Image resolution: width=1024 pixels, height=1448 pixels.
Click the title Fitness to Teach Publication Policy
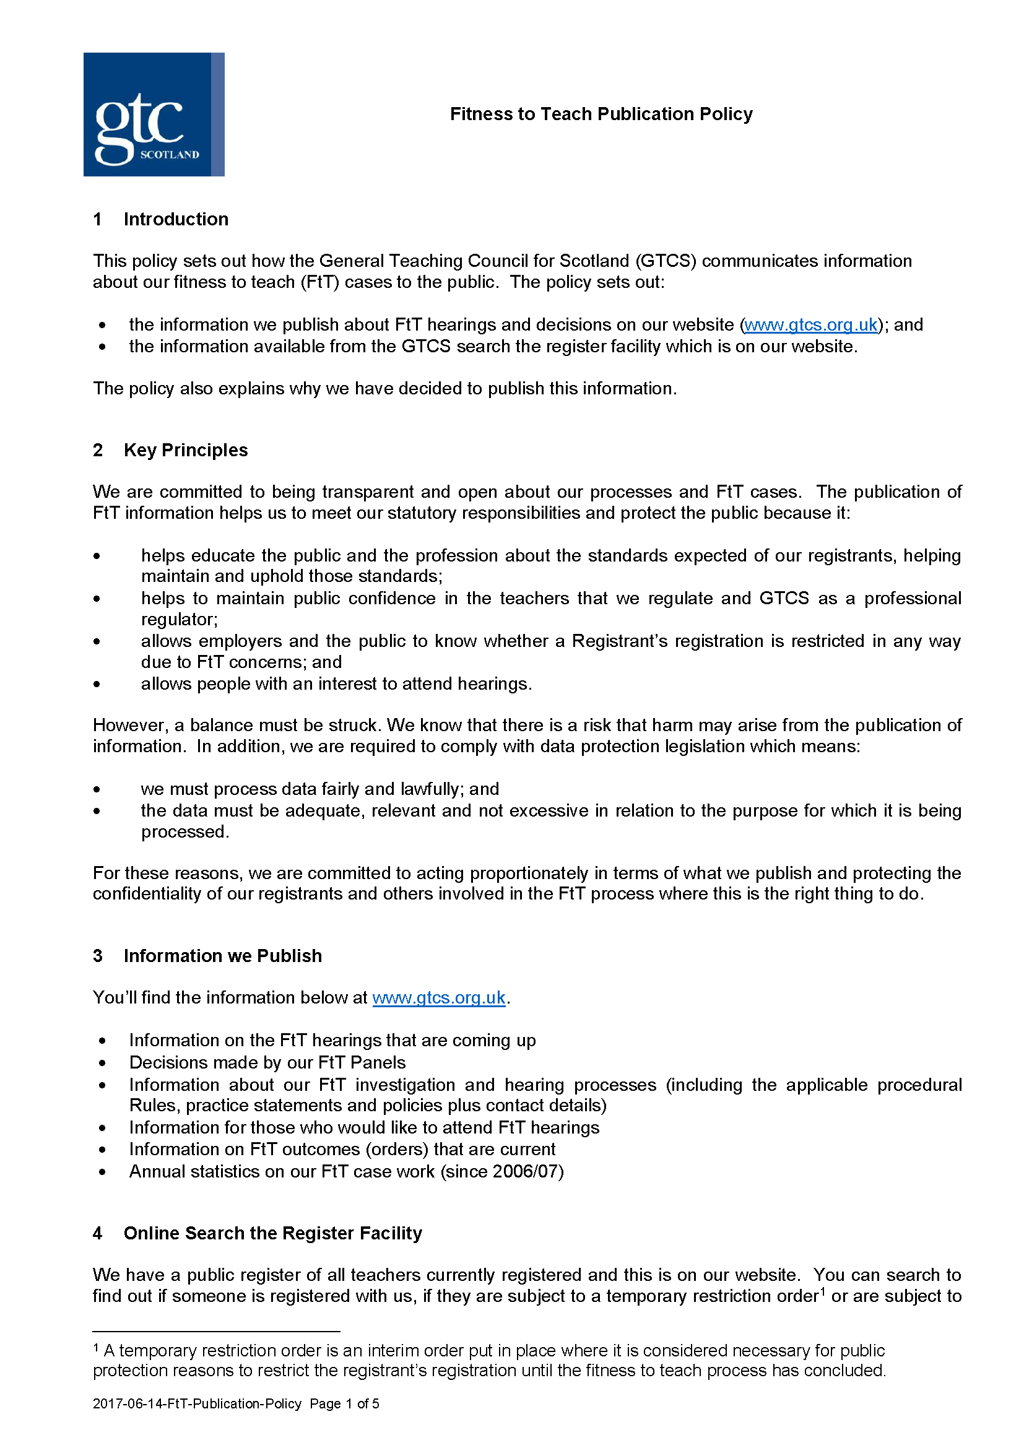(601, 114)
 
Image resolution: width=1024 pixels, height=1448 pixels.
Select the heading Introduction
(176, 220)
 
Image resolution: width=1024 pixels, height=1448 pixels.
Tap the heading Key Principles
(185, 450)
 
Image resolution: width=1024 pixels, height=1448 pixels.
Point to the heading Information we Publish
(223, 956)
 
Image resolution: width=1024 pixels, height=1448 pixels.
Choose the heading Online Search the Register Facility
(272, 1233)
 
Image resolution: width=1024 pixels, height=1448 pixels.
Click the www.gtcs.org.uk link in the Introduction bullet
(810, 325)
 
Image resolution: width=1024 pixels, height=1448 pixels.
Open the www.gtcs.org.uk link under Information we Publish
(439, 998)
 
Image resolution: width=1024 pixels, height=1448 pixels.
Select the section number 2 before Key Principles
(98, 450)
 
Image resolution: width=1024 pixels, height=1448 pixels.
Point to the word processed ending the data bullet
(183, 832)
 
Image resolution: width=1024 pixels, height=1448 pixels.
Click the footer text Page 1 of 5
(344, 1404)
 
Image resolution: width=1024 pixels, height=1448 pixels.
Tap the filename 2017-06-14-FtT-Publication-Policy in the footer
(197, 1404)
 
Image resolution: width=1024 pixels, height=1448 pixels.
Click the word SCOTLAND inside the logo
(170, 155)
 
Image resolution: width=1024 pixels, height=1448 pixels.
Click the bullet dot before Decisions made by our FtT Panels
(102, 1064)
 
